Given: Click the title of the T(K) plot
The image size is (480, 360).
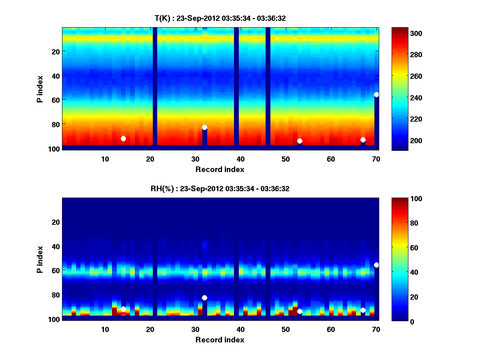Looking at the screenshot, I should (220, 18).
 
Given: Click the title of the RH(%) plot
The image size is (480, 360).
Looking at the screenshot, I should (220, 189).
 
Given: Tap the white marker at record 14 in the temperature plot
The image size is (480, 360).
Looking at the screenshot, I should (123, 138).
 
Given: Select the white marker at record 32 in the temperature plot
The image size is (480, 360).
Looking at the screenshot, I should (204, 127).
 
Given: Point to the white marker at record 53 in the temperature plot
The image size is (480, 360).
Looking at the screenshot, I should (300, 141).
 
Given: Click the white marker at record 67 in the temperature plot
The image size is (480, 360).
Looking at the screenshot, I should (363, 140).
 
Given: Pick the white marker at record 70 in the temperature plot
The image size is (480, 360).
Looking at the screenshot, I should (376, 94).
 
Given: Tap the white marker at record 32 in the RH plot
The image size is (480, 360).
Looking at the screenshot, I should (204, 298).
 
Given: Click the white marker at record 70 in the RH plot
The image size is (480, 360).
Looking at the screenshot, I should (376, 265).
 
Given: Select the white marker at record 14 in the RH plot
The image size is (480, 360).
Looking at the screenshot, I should (123, 309).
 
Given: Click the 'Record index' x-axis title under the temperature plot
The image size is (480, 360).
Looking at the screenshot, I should (220, 169).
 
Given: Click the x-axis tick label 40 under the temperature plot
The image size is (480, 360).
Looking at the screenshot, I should (240, 159).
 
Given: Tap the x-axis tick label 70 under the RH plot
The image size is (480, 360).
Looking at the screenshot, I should (376, 329).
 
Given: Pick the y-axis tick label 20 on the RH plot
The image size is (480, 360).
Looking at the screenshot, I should (56, 222).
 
